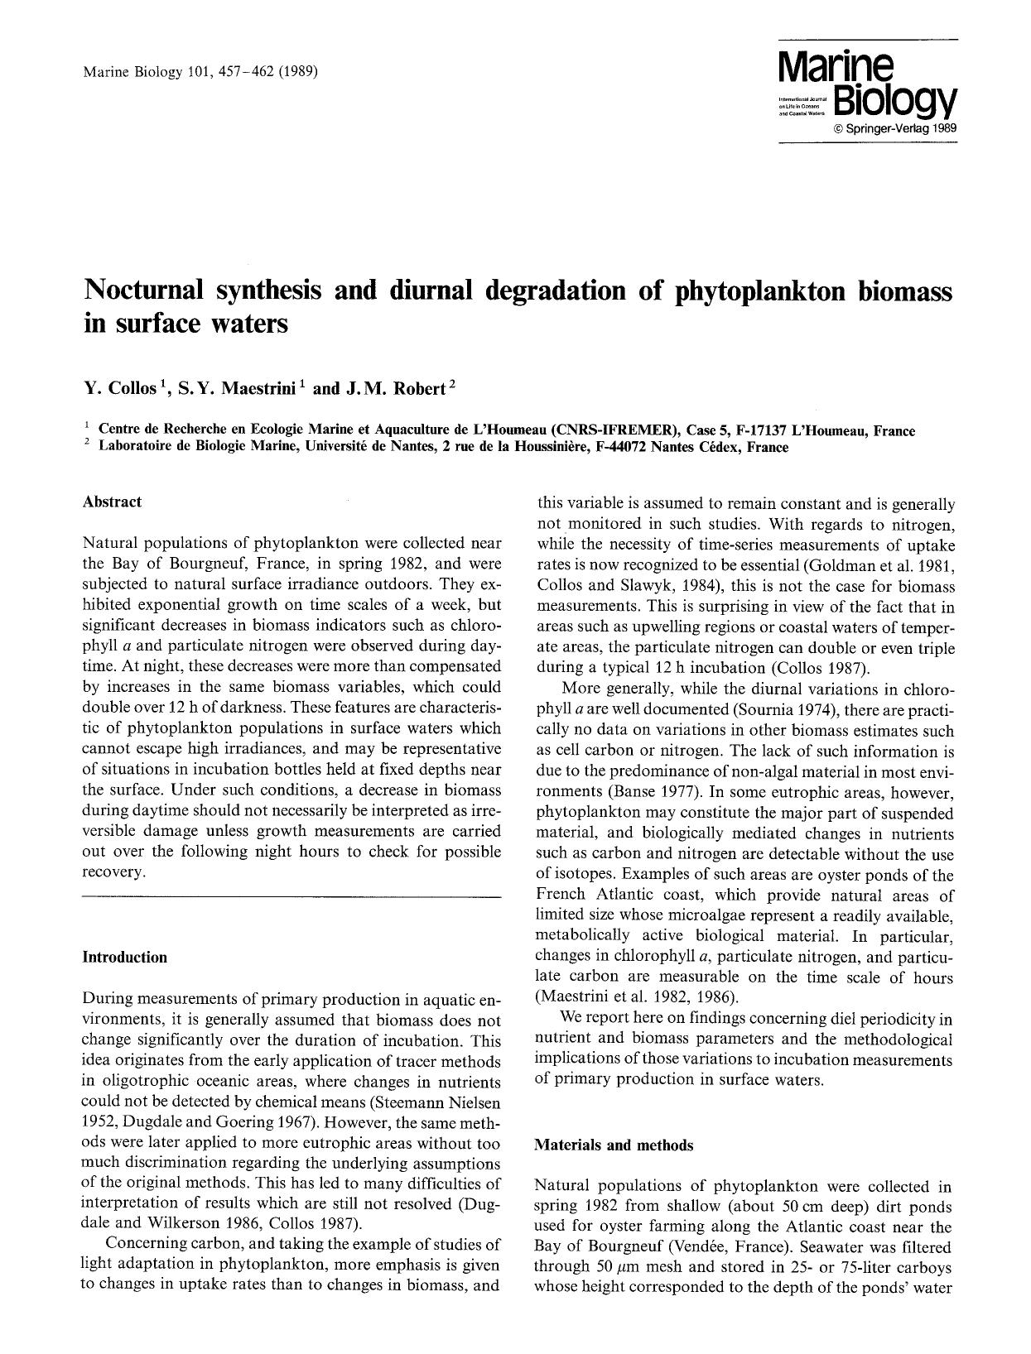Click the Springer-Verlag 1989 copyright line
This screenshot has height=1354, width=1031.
pos(895,130)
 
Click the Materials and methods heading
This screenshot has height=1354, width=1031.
pos(614,1145)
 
